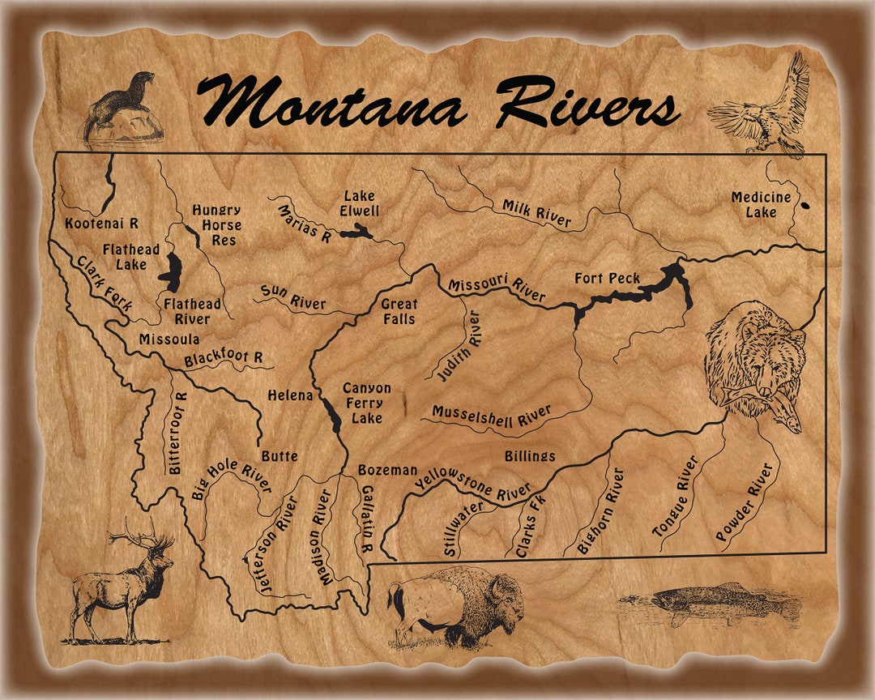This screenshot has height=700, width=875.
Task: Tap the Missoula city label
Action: pyautogui.click(x=169, y=339)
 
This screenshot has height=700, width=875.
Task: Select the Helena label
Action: pyautogui.click(x=290, y=395)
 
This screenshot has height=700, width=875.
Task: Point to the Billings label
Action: pyautogui.click(x=530, y=457)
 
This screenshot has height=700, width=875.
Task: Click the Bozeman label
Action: pyautogui.click(x=388, y=470)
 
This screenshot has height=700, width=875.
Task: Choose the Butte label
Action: pyautogui.click(x=280, y=456)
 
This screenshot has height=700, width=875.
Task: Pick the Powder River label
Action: pyautogui.click(x=746, y=502)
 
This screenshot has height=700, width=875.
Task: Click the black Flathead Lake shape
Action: pyautogui.click(x=171, y=272)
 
